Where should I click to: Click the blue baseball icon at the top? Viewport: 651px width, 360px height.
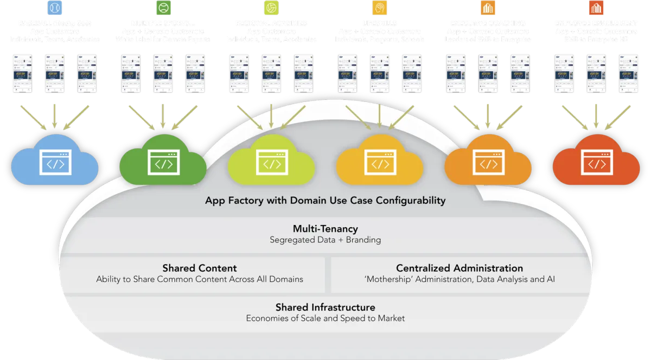click(54, 8)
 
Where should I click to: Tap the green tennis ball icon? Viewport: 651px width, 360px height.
click(163, 8)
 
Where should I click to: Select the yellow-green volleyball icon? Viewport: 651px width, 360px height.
click(271, 8)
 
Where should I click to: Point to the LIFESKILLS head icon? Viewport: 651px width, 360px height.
click(379, 8)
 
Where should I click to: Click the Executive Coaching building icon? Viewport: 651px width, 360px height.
click(487, 8)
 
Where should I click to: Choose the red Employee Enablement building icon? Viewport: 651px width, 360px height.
click(596, 8)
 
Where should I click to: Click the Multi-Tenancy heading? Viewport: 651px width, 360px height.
click(325, 229)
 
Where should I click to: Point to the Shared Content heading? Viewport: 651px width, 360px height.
click(200, 268)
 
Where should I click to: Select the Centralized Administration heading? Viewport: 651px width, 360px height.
click(459, 268)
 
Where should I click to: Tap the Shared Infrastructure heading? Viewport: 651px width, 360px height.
click(325, 307)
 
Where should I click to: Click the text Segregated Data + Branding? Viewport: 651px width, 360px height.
click(325, 240)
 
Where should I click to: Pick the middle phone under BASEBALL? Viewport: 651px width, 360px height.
click(54, 73)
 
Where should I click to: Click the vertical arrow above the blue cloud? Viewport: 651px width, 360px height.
click(54, 117)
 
